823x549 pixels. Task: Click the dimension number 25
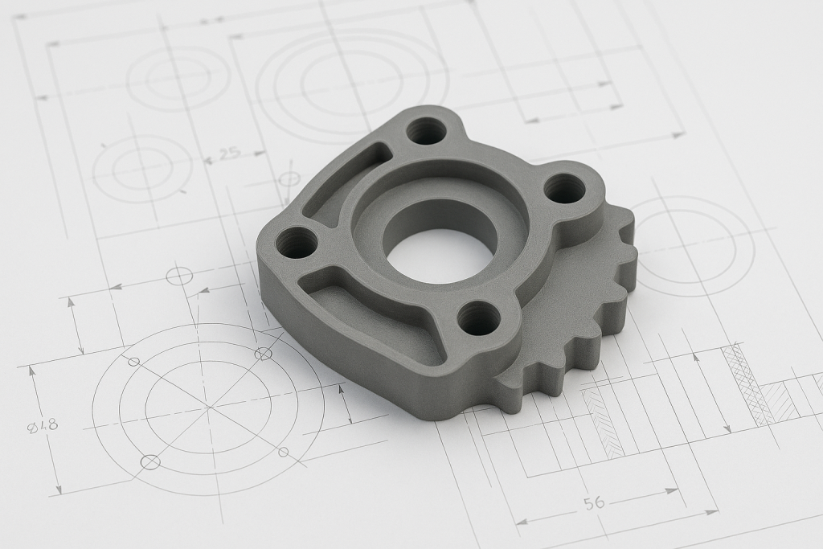[229, 154]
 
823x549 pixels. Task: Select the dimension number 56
[594, 503]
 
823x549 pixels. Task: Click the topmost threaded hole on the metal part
[426, 129]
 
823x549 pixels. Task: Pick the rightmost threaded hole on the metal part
[564, 189]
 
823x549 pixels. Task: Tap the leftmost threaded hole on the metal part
[297, 242]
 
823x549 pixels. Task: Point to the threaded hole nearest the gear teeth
[479, 318]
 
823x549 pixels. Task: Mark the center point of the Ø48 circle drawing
[208, 408]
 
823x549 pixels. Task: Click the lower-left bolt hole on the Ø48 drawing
[150, 461]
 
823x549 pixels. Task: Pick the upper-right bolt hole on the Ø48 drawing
[262, 354]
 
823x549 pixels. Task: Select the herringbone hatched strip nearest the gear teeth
[603, 423]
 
